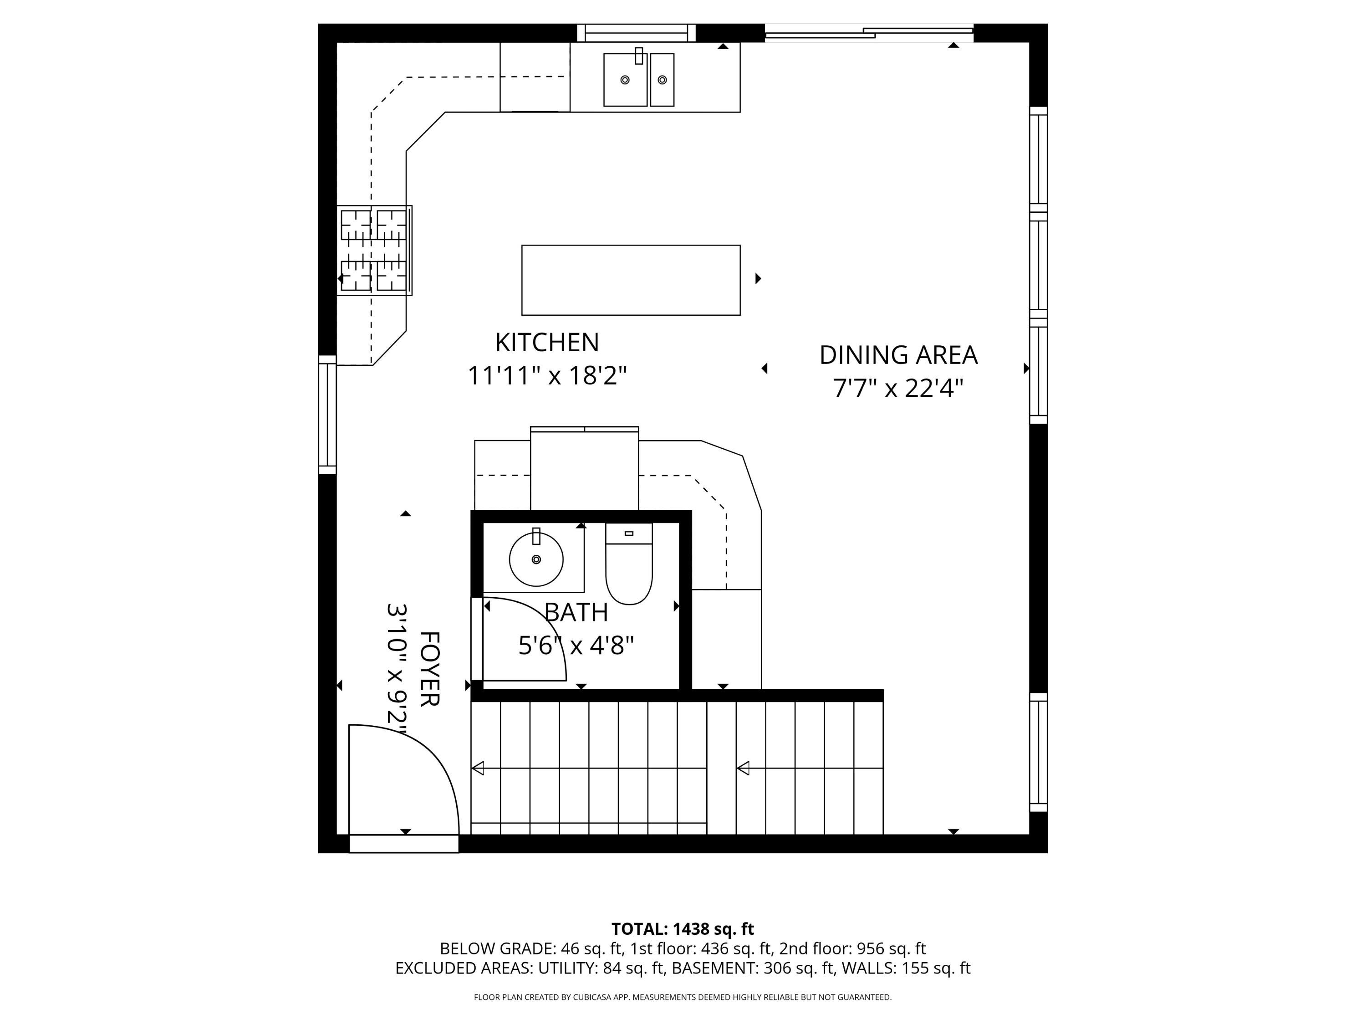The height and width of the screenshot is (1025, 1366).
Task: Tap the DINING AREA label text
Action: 898,355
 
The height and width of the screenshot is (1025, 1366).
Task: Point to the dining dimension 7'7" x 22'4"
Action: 898,389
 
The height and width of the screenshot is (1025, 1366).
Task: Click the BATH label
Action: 576,613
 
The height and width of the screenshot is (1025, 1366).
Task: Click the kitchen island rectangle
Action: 631,280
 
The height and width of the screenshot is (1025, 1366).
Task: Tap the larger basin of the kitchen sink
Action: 625,80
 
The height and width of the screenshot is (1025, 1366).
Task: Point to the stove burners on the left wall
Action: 374,250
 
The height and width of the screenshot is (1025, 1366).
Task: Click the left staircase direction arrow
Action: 478,769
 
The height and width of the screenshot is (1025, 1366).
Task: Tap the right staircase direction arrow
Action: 744,769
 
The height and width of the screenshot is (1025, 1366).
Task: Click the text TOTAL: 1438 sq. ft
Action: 683,928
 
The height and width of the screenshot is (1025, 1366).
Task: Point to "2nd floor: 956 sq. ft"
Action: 852,948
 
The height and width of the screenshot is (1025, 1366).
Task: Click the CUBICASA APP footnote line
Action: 683,997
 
